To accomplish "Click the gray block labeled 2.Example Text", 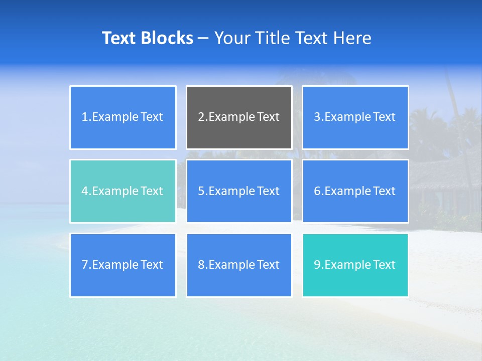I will pos(239,117).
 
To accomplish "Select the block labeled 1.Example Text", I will pos(123,117).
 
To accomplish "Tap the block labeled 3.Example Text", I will pos(355,117).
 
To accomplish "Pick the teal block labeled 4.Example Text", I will pos(123,191).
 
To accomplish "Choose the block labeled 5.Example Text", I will pos(239,191).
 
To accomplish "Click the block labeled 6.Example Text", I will pos(355,191).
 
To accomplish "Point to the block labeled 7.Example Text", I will pos(123,265).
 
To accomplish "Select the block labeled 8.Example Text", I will pos(239,265).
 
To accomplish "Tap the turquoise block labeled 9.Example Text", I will pos(355,265).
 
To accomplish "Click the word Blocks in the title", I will pos(167,38).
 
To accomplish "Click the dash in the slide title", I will pos(203,38).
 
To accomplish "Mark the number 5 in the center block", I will pos(201,191).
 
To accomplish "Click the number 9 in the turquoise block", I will pos(317,265).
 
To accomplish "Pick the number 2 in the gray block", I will pos(201,117).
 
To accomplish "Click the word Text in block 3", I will pos(385,117).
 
